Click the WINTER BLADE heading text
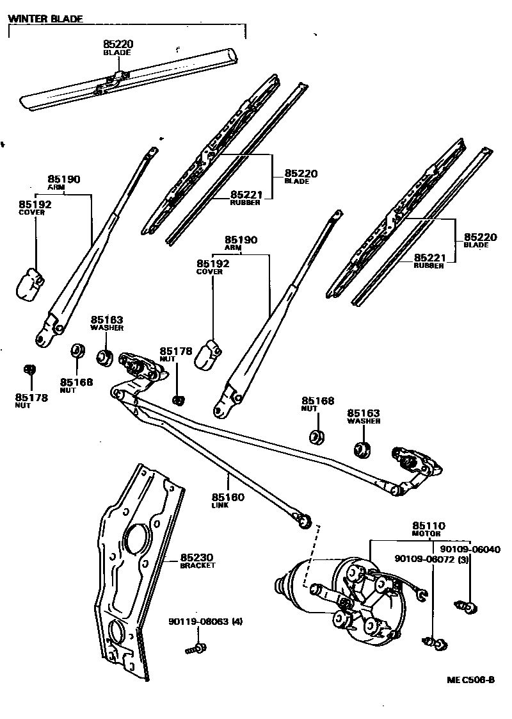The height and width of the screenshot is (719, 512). (x=45, y=19)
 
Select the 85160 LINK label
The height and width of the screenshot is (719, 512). (x=228, y=500)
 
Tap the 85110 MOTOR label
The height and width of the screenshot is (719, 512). (x=429, y=529)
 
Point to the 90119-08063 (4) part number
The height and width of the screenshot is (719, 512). (x=205, y=622)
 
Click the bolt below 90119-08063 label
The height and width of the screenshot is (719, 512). (x=195, y=649)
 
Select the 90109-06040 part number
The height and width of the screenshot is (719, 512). (x=470, y=549)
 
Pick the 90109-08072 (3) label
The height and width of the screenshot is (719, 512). (x=433, y=559)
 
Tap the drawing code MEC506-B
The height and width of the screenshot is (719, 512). (x=470, y=680)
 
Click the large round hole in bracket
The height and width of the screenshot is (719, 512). (x=136, y=538)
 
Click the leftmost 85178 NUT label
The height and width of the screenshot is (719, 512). (x=32, y=401)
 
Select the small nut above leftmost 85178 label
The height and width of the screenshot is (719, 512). (x=28, y=369)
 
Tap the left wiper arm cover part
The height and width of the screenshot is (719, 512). (x=29, y=283)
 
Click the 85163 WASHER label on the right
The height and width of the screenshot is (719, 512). (x=364, y=417)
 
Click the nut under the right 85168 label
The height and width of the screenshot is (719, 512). (x=316, y=437)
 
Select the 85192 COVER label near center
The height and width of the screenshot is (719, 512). (x=212, y=267)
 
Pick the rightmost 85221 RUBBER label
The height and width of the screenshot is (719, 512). (x=429, y=261)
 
